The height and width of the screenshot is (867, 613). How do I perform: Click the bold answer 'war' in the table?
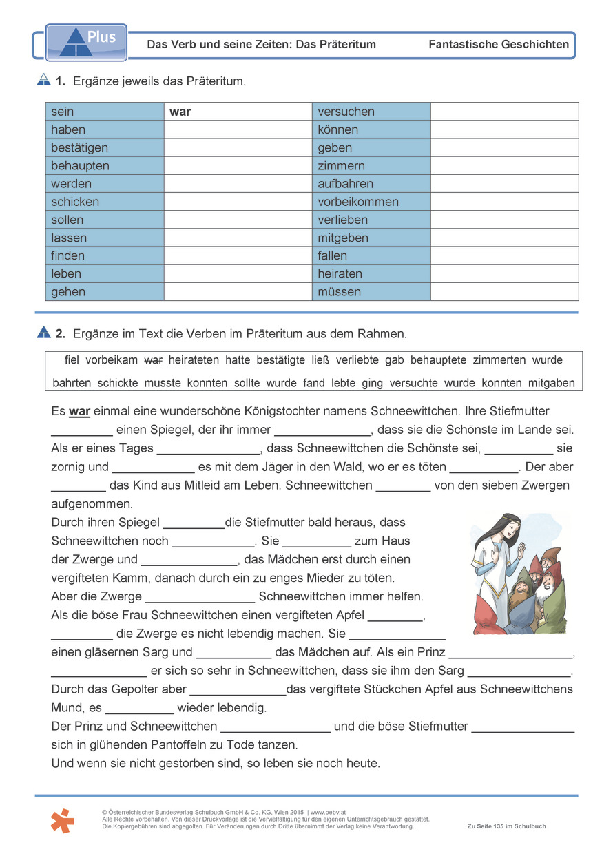(180, 112)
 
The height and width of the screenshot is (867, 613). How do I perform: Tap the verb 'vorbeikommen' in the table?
(358, 202)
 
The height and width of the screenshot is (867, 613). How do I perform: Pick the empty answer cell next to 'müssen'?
(504, 291)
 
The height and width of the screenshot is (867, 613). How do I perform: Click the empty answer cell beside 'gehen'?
(238, 291)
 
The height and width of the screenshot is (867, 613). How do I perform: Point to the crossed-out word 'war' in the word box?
(153, 360)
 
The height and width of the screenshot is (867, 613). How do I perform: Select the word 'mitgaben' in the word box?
(551, 383)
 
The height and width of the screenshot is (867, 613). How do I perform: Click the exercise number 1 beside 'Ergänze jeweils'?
(60, 81)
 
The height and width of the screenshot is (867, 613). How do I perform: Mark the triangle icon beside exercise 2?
(43, 333)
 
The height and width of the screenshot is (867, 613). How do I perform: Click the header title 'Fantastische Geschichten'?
(499, 45)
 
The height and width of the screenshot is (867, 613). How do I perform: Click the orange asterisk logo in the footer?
(62, 820)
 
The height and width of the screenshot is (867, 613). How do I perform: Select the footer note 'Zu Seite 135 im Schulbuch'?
(506, 826)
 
